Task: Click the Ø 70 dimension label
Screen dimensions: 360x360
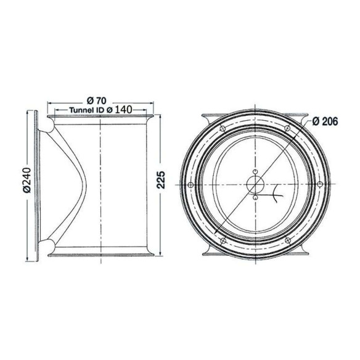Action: (x=97, y=100)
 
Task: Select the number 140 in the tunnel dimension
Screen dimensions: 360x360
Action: (x=123, y=110)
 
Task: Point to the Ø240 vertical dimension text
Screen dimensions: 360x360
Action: (x=27, y=180)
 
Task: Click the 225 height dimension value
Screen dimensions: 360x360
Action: (x=161, y=180)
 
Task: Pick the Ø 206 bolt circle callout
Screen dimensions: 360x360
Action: (x=325, y=121)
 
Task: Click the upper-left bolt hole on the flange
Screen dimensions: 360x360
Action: (x=223, y=129)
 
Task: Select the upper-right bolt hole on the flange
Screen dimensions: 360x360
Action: (x=287, y=128)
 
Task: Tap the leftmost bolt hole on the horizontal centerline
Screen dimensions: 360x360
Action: (x=190, y=184)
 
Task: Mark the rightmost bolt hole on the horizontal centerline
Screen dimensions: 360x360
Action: (x=320, y=184)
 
